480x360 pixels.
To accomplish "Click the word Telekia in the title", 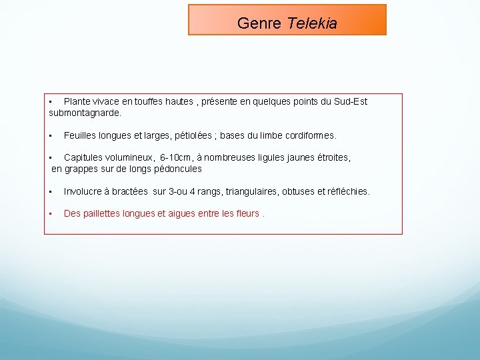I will pyautogui.click(x=312, y=23).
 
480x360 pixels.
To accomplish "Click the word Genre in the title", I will pyautogui.click(x=260, y=23).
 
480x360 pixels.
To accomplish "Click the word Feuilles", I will pyautogui.click(x=80, y=135).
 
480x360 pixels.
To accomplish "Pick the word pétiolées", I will pyautogui.click(x=193, y=135).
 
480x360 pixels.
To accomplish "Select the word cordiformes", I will pyautogui.click(x=310, y=135).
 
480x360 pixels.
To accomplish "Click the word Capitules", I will pyautogui.click(x=83, y=158).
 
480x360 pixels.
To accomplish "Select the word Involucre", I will pyautogui.click(x=83, y=191).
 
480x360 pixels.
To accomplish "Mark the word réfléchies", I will pyautogui.click(x=345, y=191).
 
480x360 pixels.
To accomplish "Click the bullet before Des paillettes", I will pyautogui.click(x=51, y=214).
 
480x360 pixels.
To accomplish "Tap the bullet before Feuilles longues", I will pyautogui.click(x=51, y=135).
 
